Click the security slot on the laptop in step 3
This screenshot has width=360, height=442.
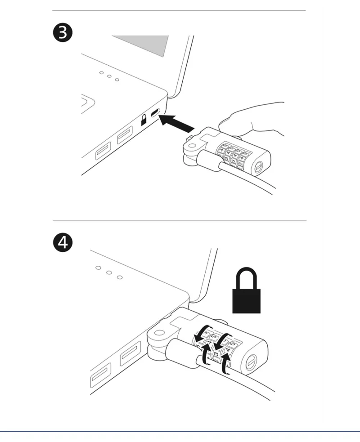tap(155, 113)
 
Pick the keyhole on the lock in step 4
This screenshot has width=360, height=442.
tap(251, 361)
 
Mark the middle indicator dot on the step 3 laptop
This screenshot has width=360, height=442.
tap(109, 76)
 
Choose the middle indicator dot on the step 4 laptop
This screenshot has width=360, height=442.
tap(109, 272)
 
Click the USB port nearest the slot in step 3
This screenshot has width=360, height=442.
tap(125, 135)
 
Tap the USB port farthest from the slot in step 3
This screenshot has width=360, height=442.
tap(103, 151)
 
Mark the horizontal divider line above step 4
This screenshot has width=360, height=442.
tap(180, 221)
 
